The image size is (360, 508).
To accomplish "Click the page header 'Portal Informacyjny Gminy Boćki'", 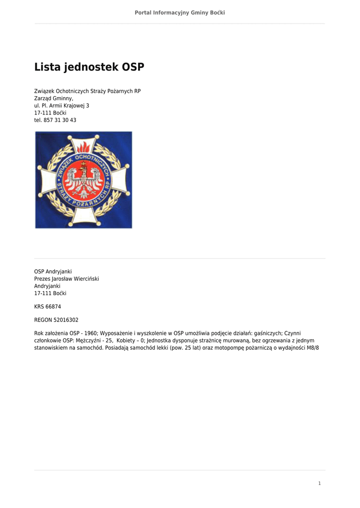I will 180,12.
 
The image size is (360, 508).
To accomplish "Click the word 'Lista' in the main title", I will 48,67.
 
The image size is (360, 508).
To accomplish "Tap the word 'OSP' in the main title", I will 133,67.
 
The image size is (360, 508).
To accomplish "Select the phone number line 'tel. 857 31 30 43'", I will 55,120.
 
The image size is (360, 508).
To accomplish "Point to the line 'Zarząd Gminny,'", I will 54,99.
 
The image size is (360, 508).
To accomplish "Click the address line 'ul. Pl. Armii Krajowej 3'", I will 62,106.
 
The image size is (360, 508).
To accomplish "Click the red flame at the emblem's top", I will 83,147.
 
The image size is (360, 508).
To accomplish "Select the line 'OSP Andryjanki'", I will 53,272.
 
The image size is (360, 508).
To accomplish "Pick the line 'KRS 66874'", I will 48,307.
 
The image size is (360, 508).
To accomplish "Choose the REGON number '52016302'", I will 66,320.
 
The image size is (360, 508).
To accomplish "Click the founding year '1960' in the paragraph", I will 90,333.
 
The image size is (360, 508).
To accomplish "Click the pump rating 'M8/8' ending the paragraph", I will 312,348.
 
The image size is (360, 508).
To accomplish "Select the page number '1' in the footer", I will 320,484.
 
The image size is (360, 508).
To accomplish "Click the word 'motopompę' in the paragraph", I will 230,348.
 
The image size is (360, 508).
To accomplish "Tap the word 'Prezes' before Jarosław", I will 42,279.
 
